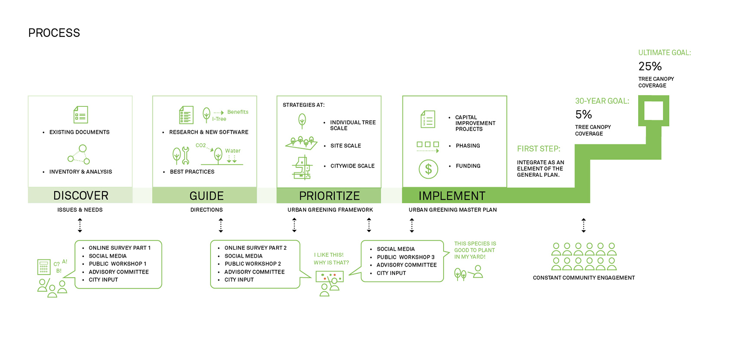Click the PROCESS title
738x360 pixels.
click(54, 33)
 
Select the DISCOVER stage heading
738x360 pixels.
click(81, 195)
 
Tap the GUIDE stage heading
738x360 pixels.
click(207, 196)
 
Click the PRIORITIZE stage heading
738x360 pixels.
click(329, 196)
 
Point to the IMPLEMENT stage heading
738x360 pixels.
click(451, 196)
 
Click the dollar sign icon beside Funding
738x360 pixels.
click(428, 169)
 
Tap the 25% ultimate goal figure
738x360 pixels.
click(650, 66)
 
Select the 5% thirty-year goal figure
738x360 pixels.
click(583, 115)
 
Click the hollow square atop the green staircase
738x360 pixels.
click(653, 111)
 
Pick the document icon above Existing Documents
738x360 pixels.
click(81, 115)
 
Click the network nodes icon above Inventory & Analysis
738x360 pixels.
click(79, 155)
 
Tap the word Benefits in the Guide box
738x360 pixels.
click(238, 112)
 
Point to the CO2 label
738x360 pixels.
click(201, 145)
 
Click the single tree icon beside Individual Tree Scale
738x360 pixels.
click(302, 121)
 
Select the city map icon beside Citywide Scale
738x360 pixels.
click(302, 168)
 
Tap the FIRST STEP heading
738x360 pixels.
click(538, 149)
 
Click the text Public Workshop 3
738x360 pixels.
click(405, 257)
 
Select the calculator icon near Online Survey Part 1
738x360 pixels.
click(44, 267)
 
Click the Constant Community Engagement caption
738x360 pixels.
click(583, 278)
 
